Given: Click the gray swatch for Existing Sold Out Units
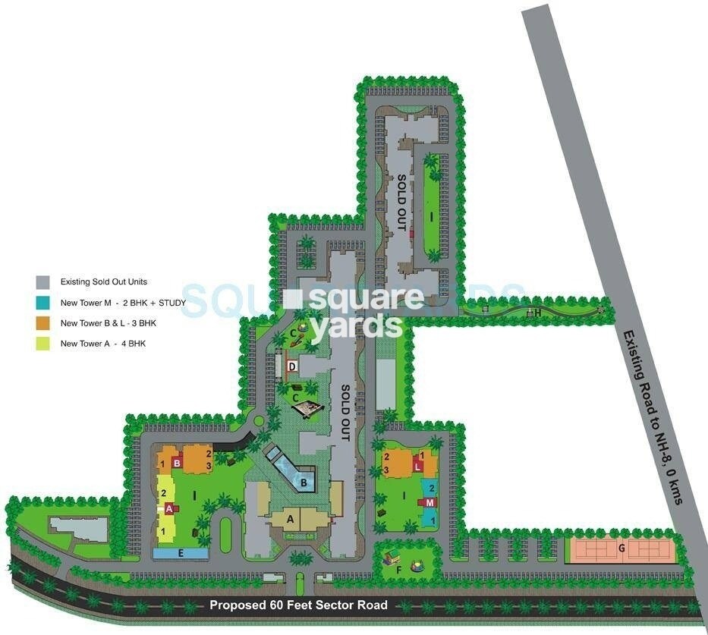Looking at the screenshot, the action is click(42, 281).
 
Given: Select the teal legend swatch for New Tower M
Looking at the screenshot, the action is click(42, 303).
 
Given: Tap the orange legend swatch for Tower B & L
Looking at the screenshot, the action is click(42, 323).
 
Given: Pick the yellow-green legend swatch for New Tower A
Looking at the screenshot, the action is click(42, 344).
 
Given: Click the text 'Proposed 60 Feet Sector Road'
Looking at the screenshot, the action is click(299, 605).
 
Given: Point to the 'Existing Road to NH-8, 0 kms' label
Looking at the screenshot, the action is click(653, 418).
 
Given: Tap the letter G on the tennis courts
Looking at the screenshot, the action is click(621, 548).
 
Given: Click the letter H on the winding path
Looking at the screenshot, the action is click(537, 312).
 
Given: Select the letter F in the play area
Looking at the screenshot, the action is click(398, 569).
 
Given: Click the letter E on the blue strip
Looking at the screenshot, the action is click(181, 553).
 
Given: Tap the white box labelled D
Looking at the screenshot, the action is click(293, 367).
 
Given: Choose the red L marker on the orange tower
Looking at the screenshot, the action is click(417, 467).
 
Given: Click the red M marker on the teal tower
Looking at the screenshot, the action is click(430, 502).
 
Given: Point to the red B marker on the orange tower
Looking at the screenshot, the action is click(177, 461).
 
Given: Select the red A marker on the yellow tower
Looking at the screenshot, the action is click(168, 508).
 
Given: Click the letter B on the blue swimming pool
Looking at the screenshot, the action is click(304, 481).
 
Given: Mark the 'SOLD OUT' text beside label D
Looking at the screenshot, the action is click(345, 413).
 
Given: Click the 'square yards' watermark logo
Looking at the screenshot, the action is click(354, 311).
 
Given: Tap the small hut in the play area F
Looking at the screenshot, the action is click(392, 560).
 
